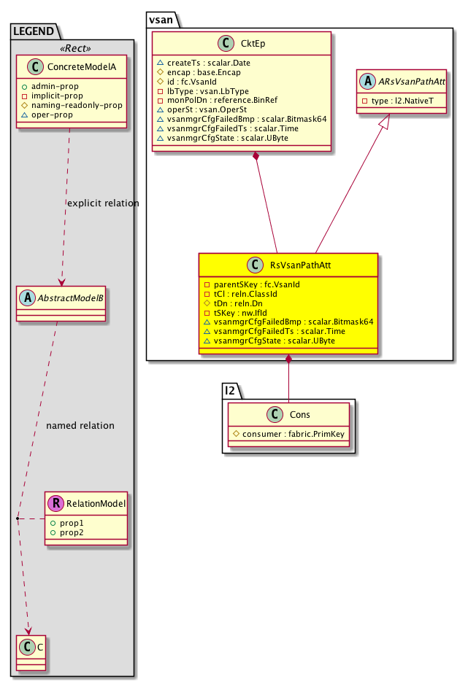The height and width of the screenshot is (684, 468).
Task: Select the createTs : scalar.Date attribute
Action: pyautogui.click(x=208, y=63)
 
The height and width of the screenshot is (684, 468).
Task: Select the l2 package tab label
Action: pyautogui.click(x=231, y=391)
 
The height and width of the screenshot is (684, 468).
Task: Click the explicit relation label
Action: pyautogui.click(x=102, y=203)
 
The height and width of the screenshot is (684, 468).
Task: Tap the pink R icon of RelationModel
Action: pyautogui.click(x=55, y=502)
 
